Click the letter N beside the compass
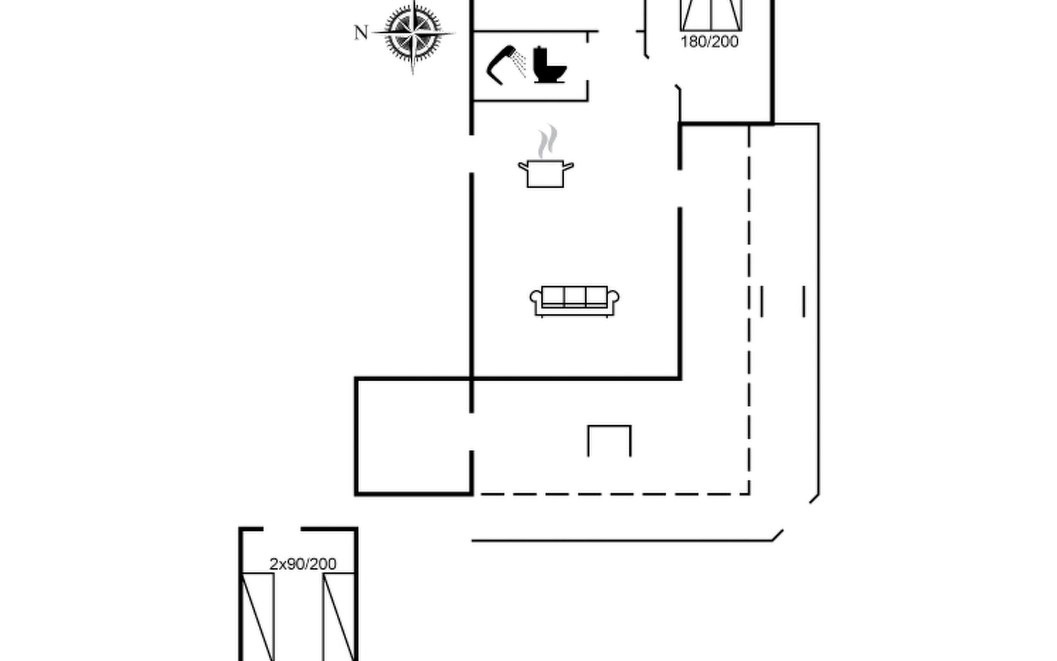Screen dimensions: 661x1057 click(361, 33)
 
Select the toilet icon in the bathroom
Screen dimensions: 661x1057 click(549, 66)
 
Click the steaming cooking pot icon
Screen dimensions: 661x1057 click(546, 173)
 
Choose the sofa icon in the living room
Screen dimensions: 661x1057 click(574, 301)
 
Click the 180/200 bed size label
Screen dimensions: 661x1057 click(709, 42)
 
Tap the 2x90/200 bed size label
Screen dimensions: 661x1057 click(303, 564)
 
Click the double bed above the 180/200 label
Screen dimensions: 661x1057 click(711, 14)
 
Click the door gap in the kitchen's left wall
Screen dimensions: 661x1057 click(472, 154)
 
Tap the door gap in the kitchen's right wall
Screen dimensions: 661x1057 click(680, 188)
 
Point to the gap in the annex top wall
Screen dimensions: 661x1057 click(282, 529)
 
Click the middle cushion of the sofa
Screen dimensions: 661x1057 click(574, 296)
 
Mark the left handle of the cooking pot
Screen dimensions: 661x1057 click(522, 165)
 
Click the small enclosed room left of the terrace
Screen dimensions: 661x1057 click(413, 436)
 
